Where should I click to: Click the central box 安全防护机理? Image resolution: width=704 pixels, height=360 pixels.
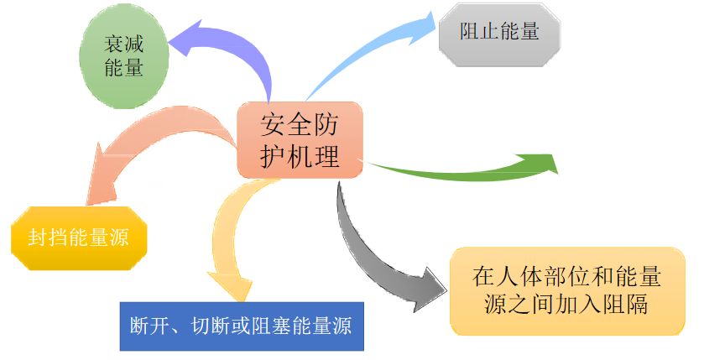click(x=300, y=140)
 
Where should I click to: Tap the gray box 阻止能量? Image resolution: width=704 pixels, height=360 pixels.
click(x=498, y=34)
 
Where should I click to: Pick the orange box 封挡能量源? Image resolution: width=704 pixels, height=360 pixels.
click(x=80, y=238)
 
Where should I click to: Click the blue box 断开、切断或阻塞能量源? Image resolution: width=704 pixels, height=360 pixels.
click(x=240, y=325)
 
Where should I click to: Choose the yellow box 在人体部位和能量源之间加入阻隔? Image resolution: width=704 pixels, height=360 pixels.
click(x=566, y=290)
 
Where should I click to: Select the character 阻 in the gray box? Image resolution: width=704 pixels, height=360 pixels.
click(x=471, y=34)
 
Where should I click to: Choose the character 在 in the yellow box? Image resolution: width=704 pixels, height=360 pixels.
click(x=481, y=276)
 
